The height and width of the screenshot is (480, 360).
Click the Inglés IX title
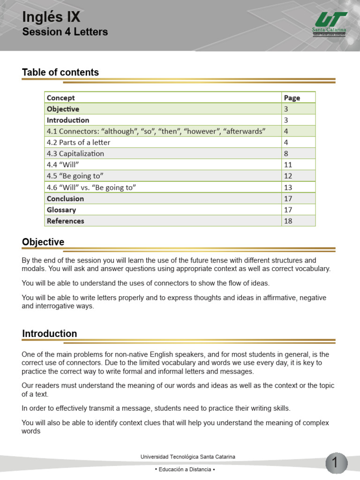(51, 17)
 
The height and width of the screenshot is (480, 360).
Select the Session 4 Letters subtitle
(65, 32)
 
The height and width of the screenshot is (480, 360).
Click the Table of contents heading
(60, 72)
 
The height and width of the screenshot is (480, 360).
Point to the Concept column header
(61, 97)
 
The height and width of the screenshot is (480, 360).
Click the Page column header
(292, 97)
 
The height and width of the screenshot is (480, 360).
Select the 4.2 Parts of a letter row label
(78, 142)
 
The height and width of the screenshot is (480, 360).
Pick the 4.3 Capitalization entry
(75, 153)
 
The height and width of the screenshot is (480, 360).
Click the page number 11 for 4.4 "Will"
(288, 165)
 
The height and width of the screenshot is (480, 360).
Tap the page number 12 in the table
(288, 176)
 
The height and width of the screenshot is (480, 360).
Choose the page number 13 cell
(288, 187)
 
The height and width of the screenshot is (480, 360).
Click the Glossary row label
(61, 210)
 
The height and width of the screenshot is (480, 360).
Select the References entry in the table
(66, 221)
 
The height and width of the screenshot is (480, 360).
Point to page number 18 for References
(288, 221)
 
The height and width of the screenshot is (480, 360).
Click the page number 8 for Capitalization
(286, 153)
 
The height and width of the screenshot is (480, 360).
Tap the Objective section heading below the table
(43, 242)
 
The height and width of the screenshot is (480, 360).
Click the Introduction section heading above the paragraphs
(49, 334)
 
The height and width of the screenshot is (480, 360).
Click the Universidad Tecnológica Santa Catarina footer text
(187, 457)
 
